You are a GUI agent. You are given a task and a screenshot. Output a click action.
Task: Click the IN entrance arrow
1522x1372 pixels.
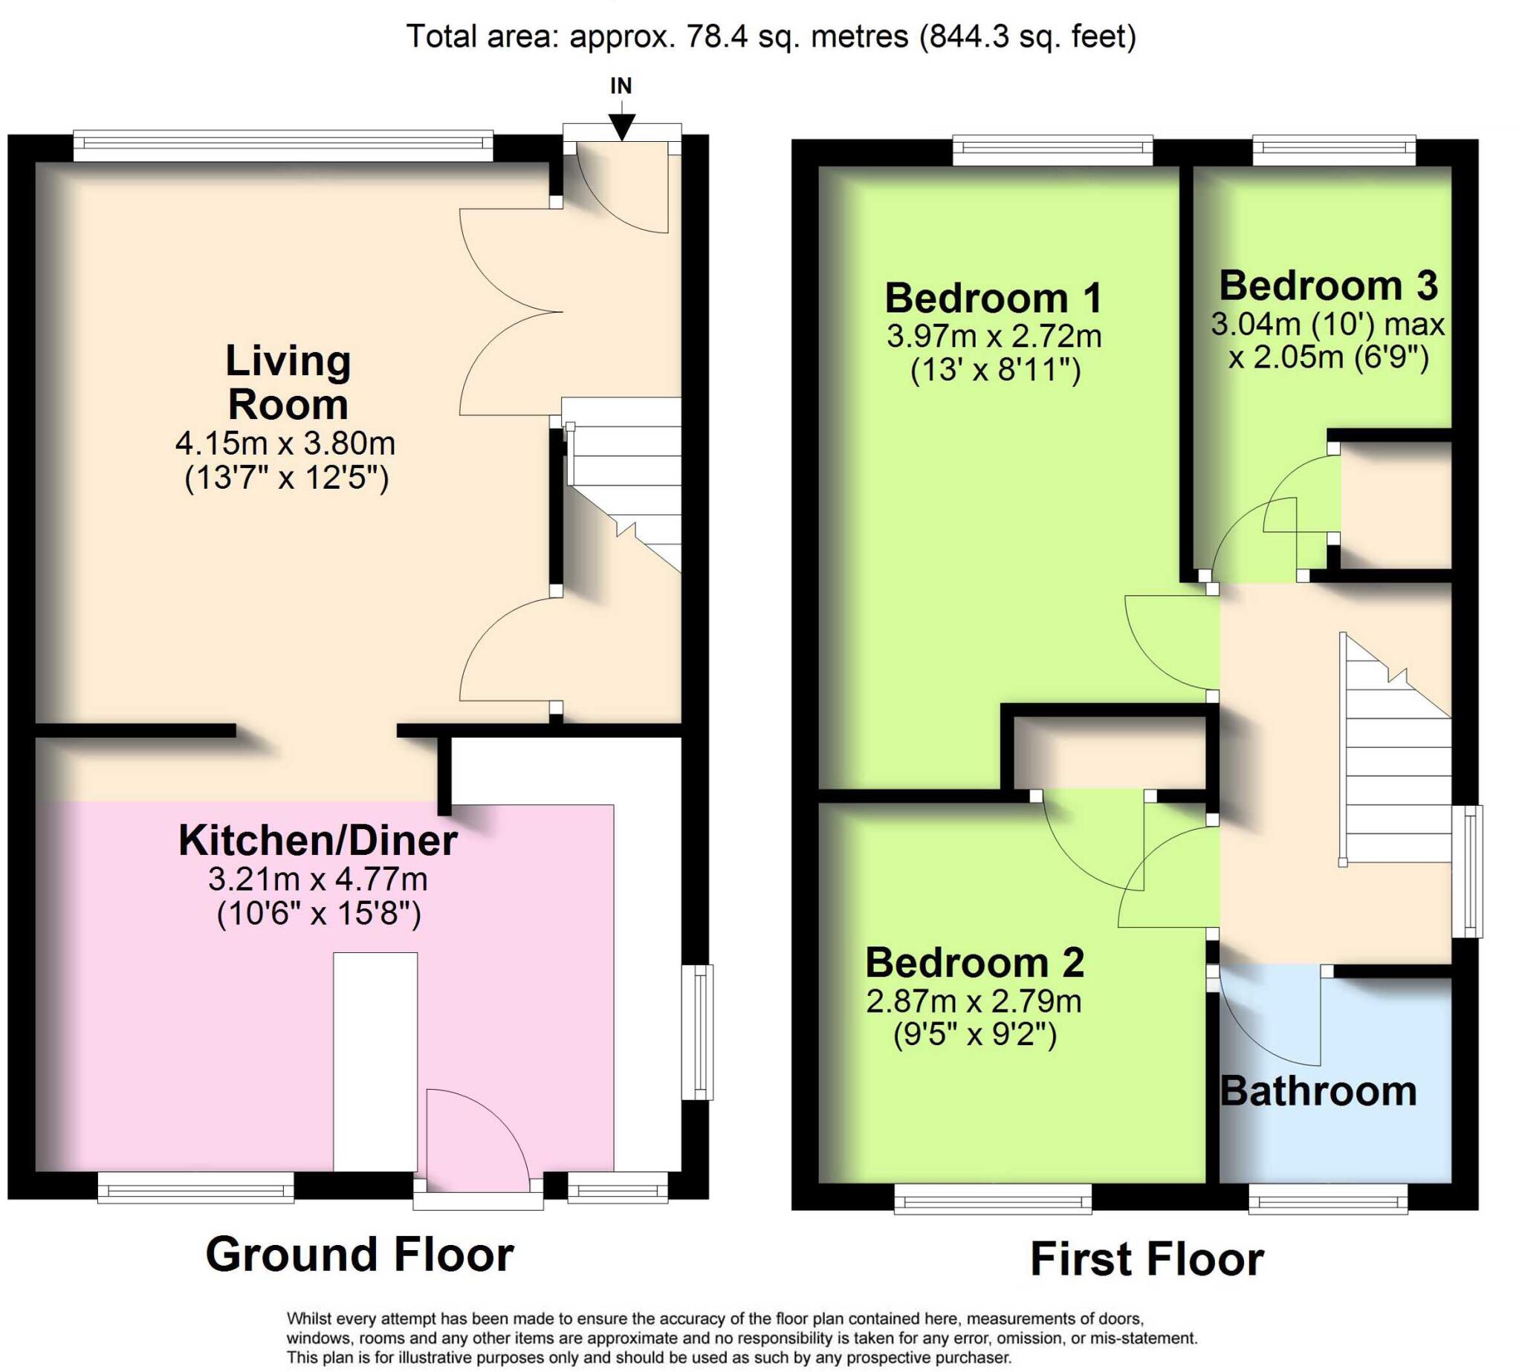pos(621,124)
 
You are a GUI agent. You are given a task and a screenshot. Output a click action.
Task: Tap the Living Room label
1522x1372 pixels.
pos(288,383)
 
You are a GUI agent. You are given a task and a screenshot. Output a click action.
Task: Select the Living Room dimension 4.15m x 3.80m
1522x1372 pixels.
pos(285,443)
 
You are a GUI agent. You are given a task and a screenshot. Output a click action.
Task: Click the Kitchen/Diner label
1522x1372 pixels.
pos(317,841)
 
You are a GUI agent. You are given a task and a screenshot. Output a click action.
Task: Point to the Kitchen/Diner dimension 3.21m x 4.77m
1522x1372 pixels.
pos(317,879)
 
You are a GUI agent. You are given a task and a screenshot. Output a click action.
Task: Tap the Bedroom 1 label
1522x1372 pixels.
pos(994,298)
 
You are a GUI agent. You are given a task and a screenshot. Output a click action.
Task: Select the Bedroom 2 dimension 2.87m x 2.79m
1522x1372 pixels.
pos(974,1001)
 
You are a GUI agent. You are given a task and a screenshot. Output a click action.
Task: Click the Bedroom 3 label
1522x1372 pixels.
pos(1328,286)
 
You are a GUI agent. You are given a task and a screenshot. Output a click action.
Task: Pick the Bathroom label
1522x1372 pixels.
pos(1318,1091)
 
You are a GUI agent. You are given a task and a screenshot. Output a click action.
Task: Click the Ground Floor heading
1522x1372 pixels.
pos(359,1255)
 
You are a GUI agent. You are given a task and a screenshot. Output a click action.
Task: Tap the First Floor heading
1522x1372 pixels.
pos(1147,1260)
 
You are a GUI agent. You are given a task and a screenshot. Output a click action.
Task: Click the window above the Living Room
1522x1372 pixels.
pos(283,146)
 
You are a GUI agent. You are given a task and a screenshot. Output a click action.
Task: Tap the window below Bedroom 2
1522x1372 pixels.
pos(993,1199)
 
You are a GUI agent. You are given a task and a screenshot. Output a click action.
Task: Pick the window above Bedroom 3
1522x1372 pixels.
pos(1333,150)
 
